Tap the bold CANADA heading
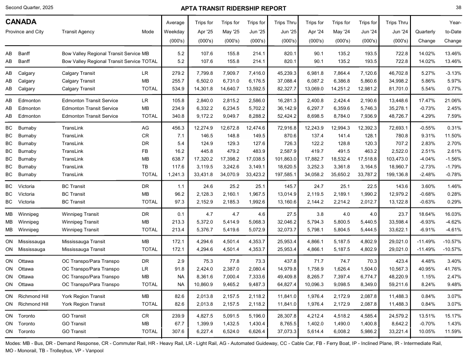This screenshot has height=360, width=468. pos(21,22)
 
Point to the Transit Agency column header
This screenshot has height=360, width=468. pos(78,31)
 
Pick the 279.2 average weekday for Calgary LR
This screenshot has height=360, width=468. pos(178,73)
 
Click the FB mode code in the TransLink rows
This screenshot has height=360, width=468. pos(145,151)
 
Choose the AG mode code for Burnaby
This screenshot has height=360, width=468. pos(145,128)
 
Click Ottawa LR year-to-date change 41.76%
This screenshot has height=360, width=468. pos(452,269)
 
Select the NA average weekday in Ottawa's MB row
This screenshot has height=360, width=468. pos(181,277)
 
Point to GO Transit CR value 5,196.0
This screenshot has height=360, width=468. pos(256,316)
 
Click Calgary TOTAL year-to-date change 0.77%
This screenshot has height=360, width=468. pos(454,89)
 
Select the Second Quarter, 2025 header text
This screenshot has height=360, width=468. pos(29,8)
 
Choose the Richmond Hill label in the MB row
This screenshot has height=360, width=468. pos(33,296)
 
